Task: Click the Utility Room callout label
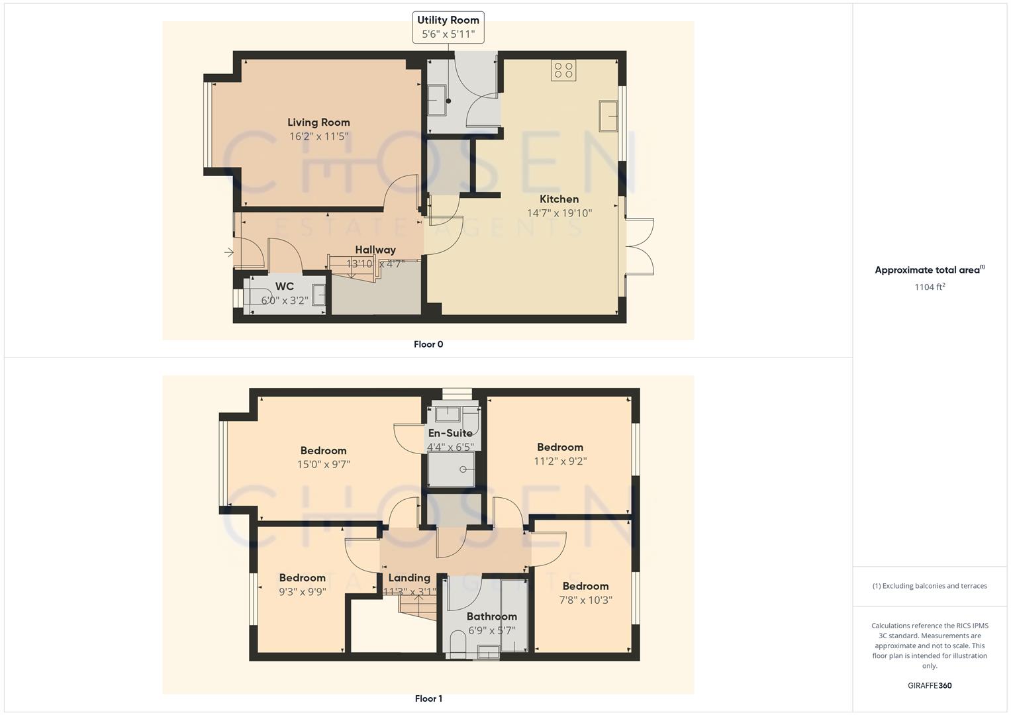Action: (448, 27)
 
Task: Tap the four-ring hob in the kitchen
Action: (563, 70)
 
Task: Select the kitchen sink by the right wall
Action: (608, 116)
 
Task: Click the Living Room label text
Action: (318, 122)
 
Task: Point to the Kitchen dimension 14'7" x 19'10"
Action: (559, 213)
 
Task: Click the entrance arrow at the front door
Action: (228, 252)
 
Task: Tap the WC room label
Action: (285, 287)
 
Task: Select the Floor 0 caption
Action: (428, 344)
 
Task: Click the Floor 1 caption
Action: (428, 698)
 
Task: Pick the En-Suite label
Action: (450, 433)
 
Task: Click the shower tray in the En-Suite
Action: (452, 469)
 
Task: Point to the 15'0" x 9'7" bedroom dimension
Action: (323, 465)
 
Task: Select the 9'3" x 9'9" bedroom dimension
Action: (302, 592)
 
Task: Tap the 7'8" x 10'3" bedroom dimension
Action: (585, 600)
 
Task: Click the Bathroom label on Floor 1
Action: (491, 616)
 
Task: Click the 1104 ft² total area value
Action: (930, 287)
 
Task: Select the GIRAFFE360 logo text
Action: (930, 686)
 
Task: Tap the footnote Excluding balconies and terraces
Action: (930, 586)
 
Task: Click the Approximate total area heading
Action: (929, 270)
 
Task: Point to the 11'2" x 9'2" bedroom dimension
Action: (560, 461)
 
